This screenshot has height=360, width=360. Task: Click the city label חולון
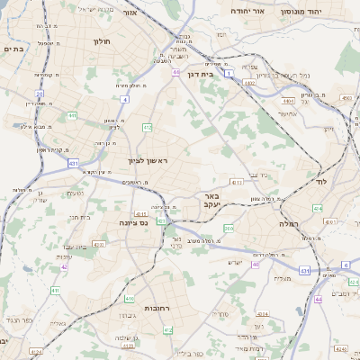pyautogui.click(x=101, y=40)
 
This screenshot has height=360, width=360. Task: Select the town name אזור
pyautogui.click(x=129, y=13)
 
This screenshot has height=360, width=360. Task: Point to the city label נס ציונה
pyautogui.click(x=134, y=221)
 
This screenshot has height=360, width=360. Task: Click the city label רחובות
pyautogui.click(x=157, y=308)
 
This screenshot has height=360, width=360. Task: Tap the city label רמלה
pyautogui.click(x=288, y=222)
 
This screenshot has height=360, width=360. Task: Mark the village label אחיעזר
pyautogui.click(x=287, y=113)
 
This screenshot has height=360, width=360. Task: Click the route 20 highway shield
pyautogui.click(x=40, y=93)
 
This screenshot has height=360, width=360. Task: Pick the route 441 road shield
pyautogui.click(x=71, y=115)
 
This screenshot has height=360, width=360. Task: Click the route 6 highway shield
pyautogui.click(x=345, y=265)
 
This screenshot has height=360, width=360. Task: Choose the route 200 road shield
pyautogui.click(x=229, y=229)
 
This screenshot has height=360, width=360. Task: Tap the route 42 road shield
pyautogui.click(x=64, y=266)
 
